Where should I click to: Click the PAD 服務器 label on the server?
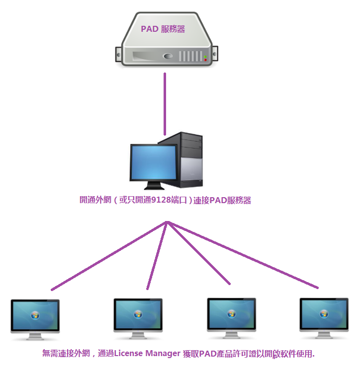163,29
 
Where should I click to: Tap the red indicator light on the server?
205,60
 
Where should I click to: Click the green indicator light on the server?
205,56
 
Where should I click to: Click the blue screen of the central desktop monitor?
153,163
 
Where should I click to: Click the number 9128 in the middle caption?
151,201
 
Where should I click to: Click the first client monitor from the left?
35,316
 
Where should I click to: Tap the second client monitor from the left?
138,315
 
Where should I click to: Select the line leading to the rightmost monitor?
244,255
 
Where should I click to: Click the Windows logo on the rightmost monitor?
324,314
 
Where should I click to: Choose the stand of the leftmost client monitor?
35,337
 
